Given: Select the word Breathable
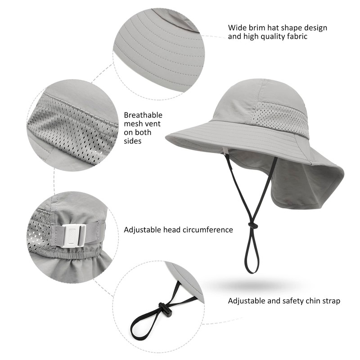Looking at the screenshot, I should tap(143, 115).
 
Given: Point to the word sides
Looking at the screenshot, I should tap(133, 141).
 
